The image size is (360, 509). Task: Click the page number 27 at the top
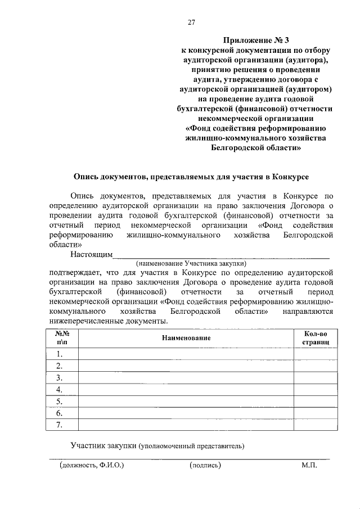pyautogui.click(x=191, y=22)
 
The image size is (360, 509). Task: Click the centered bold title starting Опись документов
pyautogui.click(x=191, y=177)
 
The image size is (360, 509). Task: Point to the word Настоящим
pyautogui.click(x=91, y=254)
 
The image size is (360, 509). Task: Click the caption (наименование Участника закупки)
pyautogui.click(x=191, y=263)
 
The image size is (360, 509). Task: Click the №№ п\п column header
pyautogui.click(x=62, y=337)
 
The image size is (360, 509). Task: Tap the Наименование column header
pyautogui.click(x=186, y=337)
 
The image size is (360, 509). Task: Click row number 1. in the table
pyautogui.click(x=59, y=354)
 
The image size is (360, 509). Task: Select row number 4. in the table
pyautogui.click(x=59, y=389)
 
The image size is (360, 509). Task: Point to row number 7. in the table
pyautogui.click(x=59, y=425)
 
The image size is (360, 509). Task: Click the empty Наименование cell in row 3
pyautogui.click(x=186, y=377)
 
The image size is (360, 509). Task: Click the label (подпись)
pyautogui.click(x=206, y=466)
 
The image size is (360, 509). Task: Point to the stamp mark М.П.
pyautogui.click(x=309, y=466)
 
